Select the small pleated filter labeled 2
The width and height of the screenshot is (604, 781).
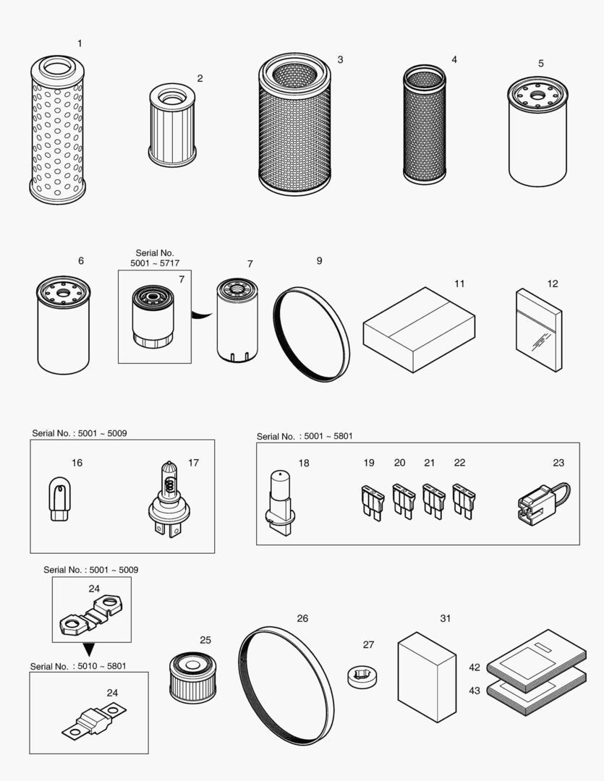(172, 124)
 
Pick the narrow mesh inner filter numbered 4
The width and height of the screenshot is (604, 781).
(425, 124)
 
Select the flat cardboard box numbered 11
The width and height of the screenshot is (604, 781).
(419, 329)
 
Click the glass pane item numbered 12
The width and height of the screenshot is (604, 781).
(539, 330)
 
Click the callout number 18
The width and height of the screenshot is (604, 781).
(304, 463)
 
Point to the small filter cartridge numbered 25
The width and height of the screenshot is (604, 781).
(192, 678)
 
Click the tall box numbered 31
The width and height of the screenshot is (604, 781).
(427, 676)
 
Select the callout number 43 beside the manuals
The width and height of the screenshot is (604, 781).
(475, 691)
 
